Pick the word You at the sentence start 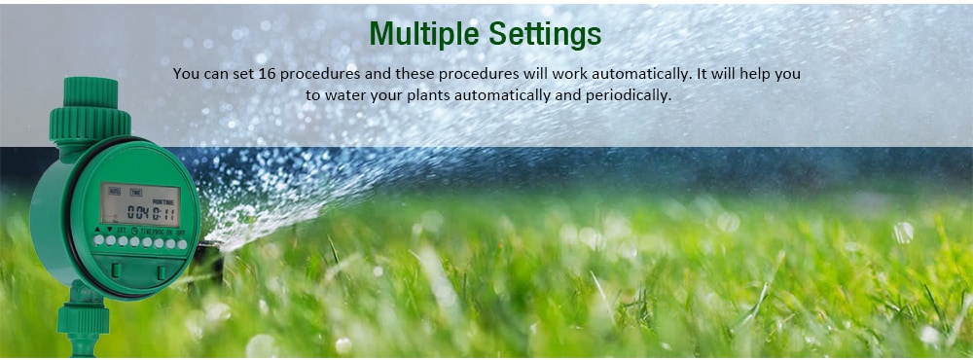click(x=187, y=74)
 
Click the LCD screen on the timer click(x=140, y=204)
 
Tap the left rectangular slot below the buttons click(x=116, y=269)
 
